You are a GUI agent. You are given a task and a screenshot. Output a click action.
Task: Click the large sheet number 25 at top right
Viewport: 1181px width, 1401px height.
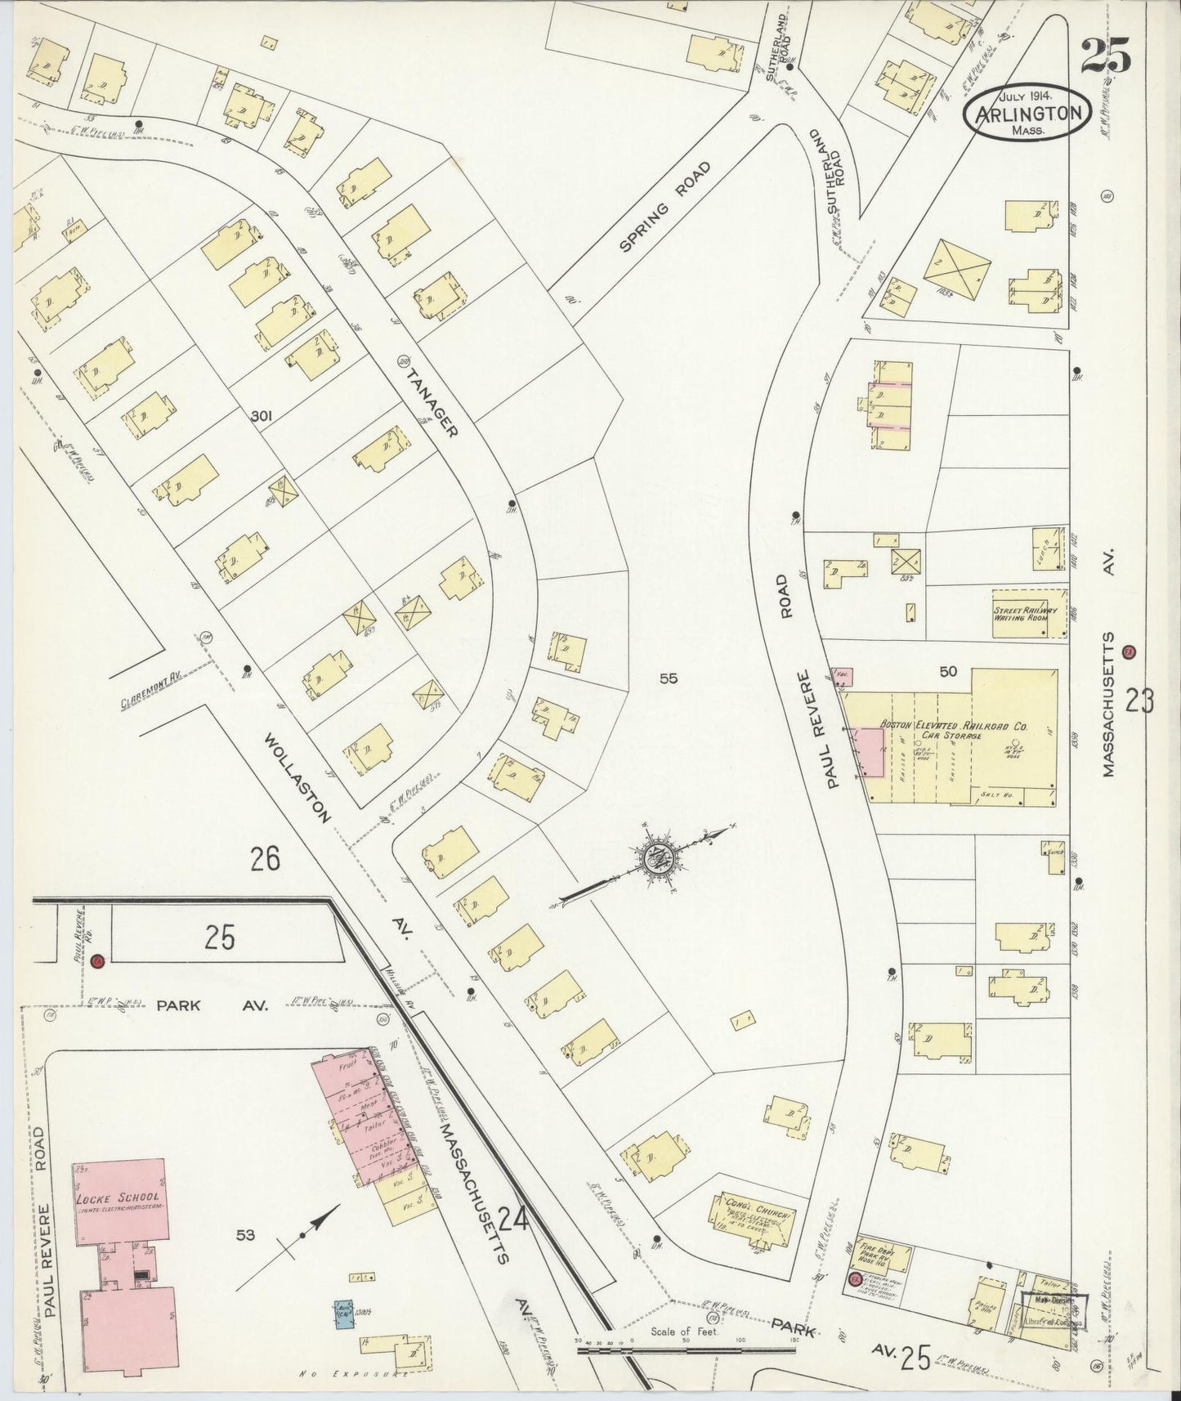1107,56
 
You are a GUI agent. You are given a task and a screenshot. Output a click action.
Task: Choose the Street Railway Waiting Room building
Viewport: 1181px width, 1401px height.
1029,613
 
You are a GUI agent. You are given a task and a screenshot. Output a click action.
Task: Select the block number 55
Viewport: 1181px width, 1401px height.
669,677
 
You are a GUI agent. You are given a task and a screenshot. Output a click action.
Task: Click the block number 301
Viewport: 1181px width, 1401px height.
262,417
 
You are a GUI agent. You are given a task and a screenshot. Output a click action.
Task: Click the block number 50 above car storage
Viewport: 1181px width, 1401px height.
948,672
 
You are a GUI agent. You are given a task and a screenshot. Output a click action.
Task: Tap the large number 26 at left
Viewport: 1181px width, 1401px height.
266,859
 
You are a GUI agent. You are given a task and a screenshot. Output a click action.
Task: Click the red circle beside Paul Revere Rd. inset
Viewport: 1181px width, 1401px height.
98,961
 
